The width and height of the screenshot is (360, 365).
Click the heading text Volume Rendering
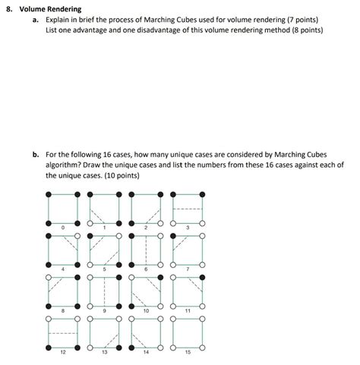point(54,8)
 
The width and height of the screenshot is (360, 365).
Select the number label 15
point(188,352)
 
